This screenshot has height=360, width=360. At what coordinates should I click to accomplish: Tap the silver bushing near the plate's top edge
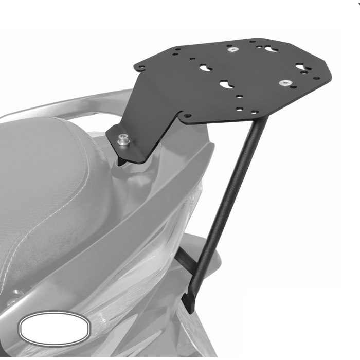[232, 50]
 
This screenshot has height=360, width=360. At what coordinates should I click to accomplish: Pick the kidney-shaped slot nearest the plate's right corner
[301, 66]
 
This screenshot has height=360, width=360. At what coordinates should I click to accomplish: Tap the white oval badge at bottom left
[54, 327]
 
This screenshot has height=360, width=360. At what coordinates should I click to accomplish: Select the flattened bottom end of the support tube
[190, 303]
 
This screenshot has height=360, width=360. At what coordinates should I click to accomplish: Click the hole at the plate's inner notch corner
[187, 116]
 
